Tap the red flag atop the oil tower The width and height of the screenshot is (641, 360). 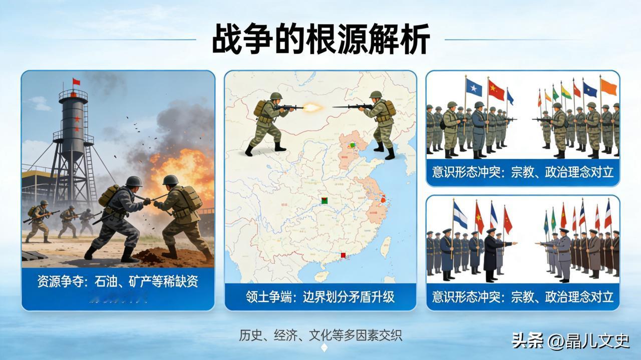76,82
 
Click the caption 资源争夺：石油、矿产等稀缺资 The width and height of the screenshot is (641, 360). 118,281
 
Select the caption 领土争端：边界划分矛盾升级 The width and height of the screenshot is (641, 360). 320,297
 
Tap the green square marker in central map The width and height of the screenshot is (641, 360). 324,201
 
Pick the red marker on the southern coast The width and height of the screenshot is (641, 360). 343,255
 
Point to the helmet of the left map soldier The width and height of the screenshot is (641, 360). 276,96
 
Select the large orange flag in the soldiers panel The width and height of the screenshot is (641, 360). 608,87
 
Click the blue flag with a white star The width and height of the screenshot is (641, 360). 474,88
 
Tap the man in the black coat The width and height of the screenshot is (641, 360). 490,255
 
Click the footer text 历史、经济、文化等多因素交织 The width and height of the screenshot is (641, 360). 320,335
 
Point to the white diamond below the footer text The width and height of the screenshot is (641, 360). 324,348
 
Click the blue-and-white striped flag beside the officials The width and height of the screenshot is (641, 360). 460,216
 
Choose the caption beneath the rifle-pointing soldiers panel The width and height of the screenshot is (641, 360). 522,172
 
